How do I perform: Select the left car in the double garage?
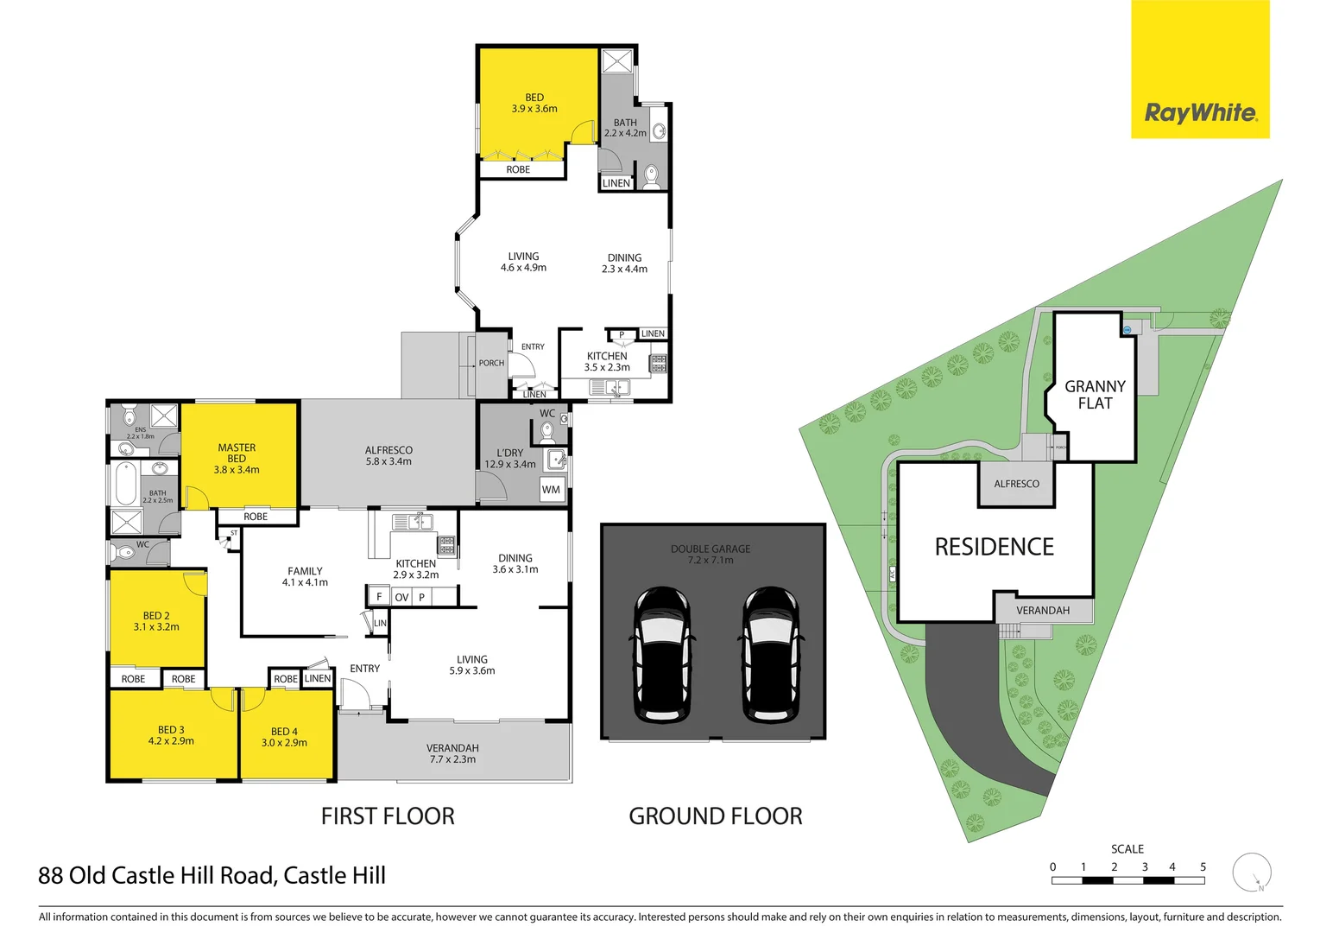pyautogui.click(x=661, y=654)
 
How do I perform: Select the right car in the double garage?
pyautogui.click(x=771, y=654)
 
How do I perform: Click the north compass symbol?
pyautogui.click(x=1251, y=872)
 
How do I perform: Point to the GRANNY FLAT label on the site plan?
pyautogui.click(x=1095, y=395)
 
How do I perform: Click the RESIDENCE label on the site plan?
pyautogui.click(x=994, y=547)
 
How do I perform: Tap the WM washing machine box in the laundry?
pyautogui.click(x=551, y=490)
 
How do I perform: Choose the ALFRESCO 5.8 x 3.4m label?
pyautogui.click(x=388, y=456)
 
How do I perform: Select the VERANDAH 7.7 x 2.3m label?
pyautogui.click(x=452, y=754)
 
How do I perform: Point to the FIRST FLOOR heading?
pyautogui.click(x=388, y=816)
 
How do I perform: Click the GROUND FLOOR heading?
pyautogui.click(x=715, y=816)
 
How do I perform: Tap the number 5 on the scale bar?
pyautogui.click(x=1203, y=866)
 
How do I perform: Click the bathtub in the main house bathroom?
pyautogui.click(x=126, y=484)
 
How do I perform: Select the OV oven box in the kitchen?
pyautogui.click(x=401, y=597)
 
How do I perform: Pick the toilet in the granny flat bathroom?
pyautogui.click(x=652, y=176)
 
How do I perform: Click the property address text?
pyautogui.click(x=212, y=876)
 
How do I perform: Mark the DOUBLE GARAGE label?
pyautogui.click(x=711, y=549)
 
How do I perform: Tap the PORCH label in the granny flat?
pyautogui.click(x=491, y=363)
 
